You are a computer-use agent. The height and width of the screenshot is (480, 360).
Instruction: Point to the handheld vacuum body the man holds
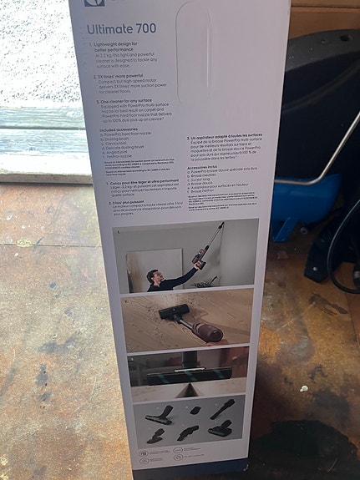(200, 260)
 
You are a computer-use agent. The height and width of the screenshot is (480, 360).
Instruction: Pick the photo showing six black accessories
(188, 422)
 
